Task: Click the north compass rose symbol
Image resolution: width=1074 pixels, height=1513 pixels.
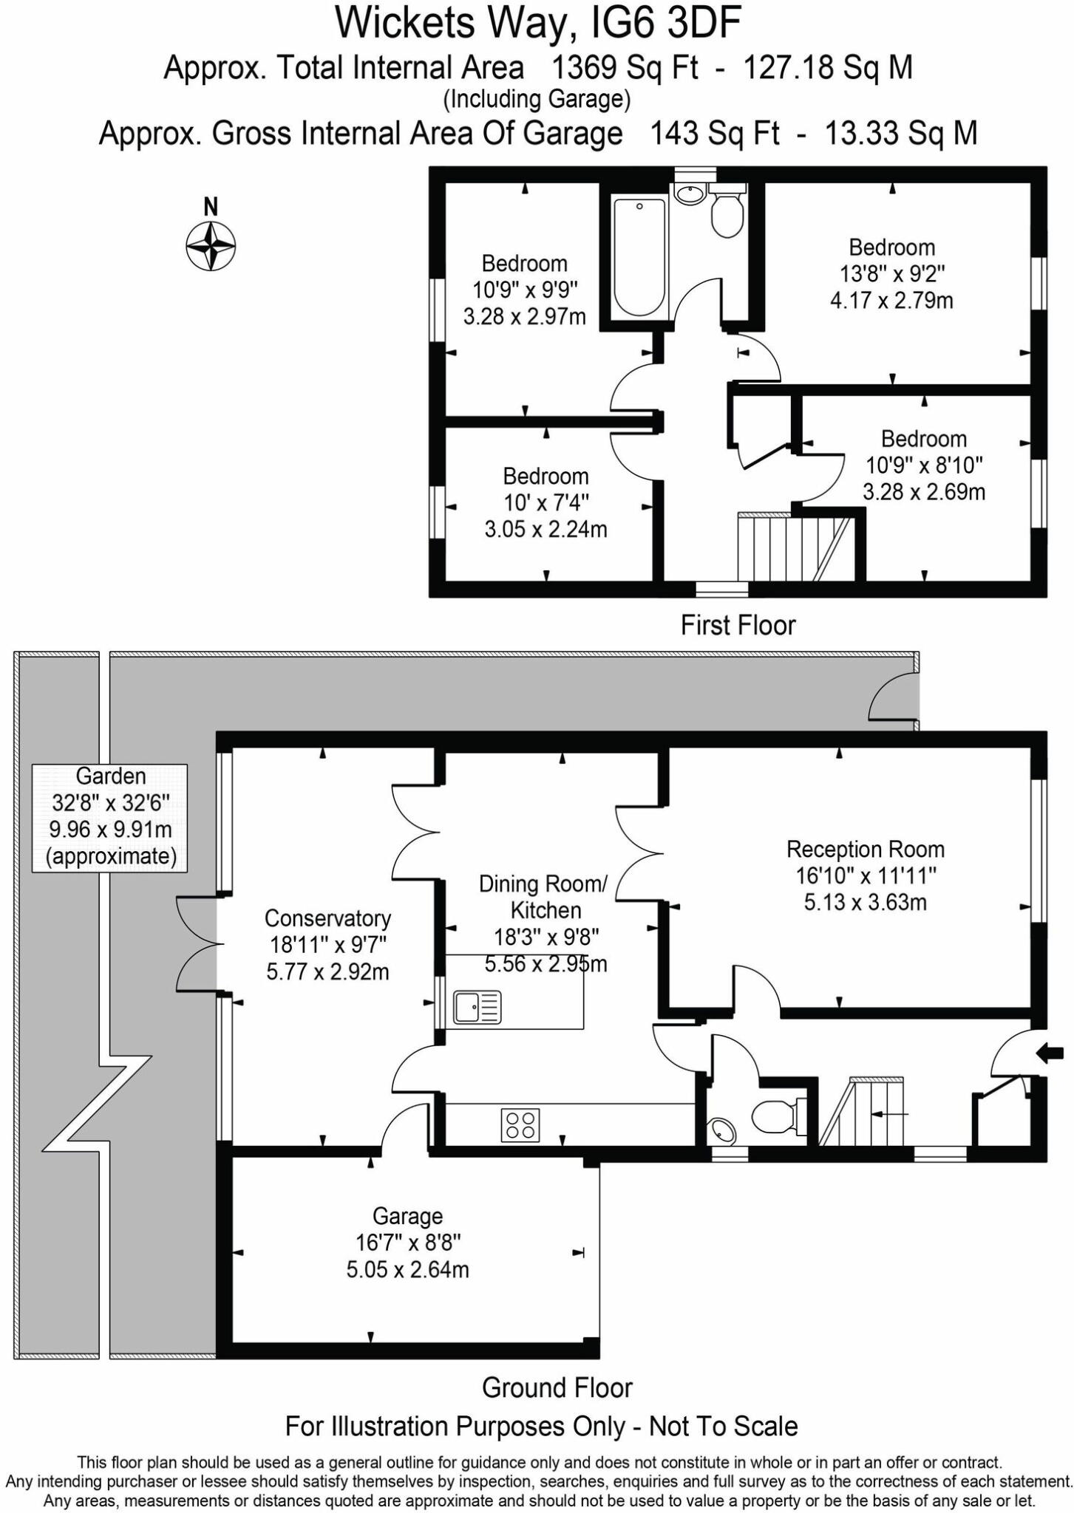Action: [211, 245]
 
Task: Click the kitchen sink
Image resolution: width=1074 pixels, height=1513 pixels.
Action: [477, 1007]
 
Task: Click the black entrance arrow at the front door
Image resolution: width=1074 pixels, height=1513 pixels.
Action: [1050, 1053]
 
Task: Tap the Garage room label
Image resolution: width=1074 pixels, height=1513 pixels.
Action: [407, 1216]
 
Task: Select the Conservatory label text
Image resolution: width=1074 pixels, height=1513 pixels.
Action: [327, 918]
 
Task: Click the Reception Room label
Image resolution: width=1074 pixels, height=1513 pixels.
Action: [865, 850]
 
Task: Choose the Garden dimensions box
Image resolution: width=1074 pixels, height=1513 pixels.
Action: [109, 817]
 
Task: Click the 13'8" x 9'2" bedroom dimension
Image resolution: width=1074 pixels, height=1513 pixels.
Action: [892, 274]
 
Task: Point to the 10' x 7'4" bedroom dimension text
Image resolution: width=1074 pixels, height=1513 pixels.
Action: [546, 503]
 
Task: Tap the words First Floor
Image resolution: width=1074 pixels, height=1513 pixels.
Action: [737, 626]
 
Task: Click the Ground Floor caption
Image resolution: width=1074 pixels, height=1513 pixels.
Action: [557, 1387]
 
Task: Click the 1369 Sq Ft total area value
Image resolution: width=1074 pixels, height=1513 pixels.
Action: [625, 68]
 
